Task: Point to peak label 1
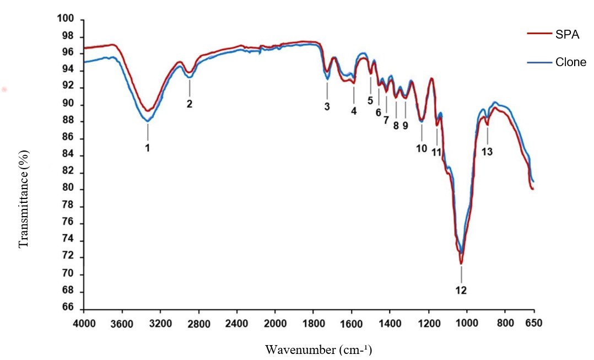pos(147,148)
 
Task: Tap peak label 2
pos(189,104)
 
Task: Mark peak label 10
pos(422,148)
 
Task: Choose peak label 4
pos(354,110)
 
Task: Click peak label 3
pos(327,106)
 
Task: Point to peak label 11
pos(436,152)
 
